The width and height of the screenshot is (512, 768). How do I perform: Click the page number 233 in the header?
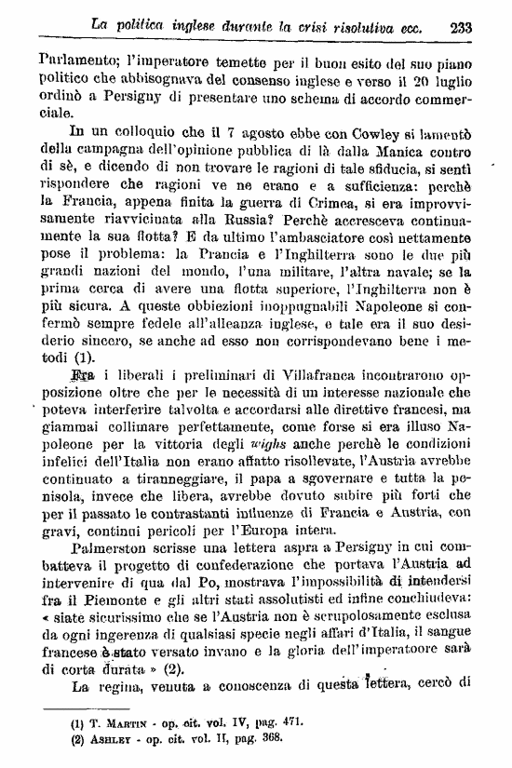tap(461, 28)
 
